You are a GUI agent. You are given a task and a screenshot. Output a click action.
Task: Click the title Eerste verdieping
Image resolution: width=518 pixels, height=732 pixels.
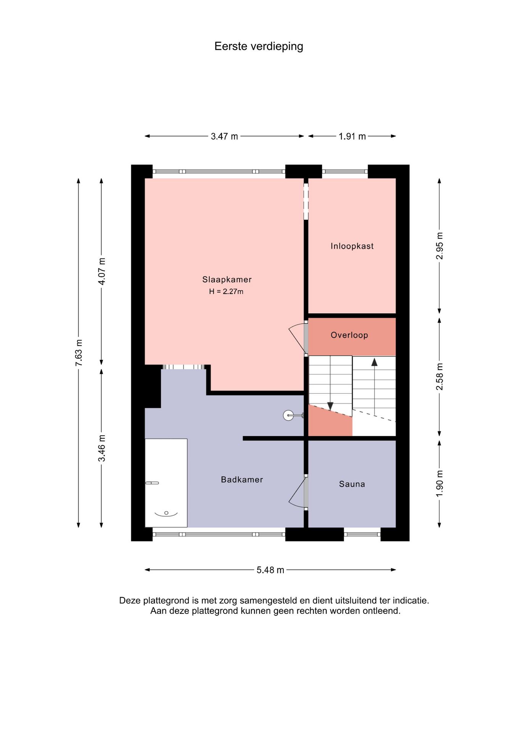coord(259,47)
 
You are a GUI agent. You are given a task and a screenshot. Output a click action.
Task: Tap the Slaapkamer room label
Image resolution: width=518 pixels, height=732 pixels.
coord(227,279)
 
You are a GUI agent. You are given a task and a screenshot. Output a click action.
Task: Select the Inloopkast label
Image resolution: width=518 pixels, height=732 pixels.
coord(352,246)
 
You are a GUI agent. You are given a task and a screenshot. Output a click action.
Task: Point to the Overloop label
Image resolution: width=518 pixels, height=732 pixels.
coord(349,335)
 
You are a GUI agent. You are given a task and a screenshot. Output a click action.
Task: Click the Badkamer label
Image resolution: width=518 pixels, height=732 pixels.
coord(242,480)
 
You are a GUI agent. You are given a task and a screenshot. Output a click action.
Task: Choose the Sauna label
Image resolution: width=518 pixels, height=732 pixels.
coord(352,484)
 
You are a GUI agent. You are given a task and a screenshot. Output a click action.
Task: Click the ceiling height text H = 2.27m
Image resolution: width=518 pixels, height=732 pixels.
coord(226,292)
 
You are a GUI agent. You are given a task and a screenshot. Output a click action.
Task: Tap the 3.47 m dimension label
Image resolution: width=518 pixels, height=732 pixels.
coord(224,136)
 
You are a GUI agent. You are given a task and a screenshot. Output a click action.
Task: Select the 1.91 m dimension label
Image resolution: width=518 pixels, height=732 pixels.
coord(352,136)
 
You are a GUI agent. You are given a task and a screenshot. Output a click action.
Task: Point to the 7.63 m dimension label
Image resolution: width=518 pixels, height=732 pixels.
coord(79,353)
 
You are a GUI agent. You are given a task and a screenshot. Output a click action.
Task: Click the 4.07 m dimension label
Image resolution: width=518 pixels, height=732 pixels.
coord(101,271)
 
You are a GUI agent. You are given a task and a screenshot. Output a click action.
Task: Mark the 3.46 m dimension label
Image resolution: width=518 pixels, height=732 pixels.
coord(101,448)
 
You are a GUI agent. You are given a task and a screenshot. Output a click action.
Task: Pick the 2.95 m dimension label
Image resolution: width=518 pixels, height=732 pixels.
coord(439,246)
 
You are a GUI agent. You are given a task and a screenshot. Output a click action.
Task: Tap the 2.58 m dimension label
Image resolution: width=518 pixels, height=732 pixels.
coord(439,377)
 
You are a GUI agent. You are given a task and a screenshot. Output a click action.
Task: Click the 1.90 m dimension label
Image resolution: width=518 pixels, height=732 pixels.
coord(439,483)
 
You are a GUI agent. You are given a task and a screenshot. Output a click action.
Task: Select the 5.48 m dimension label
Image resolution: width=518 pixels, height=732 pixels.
coord(270,570)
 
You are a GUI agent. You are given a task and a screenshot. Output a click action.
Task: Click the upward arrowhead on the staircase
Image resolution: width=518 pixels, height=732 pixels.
coord(374,362)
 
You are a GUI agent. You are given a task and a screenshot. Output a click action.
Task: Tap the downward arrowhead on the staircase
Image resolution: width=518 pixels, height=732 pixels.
coord(330,406)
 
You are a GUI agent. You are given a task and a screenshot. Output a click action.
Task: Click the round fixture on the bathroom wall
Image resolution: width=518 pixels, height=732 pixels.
coord(288,415)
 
